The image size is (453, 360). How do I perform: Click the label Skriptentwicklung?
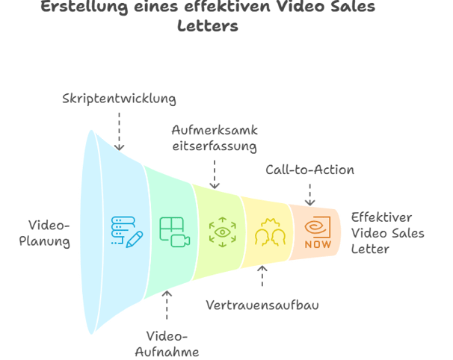coord(119,99)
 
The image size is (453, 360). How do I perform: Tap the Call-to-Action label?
coord(309,170)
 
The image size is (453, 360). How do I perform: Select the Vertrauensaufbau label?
coord(262,305)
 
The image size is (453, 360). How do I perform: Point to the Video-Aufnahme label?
coord(167,344)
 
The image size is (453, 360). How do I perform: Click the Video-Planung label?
coord(45,233)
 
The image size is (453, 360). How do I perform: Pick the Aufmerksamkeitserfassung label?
coord(215,138)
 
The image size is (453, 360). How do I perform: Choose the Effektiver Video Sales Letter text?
coord(387,233)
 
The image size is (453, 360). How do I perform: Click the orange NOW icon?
coord(318,232)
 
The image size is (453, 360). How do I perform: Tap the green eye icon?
coord(223,232)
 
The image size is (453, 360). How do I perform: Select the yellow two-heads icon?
coord(270,232)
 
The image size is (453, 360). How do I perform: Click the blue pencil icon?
coord(135,239)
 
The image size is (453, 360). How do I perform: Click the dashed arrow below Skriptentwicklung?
coord(119,131)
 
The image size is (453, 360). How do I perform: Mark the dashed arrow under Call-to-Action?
coord(309,195)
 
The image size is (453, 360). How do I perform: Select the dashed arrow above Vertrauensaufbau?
coord(262,276)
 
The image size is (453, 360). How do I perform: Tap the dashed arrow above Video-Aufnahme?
coord(167,305)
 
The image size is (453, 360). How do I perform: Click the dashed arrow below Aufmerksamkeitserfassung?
coord(215,174)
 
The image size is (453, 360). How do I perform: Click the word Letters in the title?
coord(208,25)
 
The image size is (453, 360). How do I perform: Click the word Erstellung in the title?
coord(84,7)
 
